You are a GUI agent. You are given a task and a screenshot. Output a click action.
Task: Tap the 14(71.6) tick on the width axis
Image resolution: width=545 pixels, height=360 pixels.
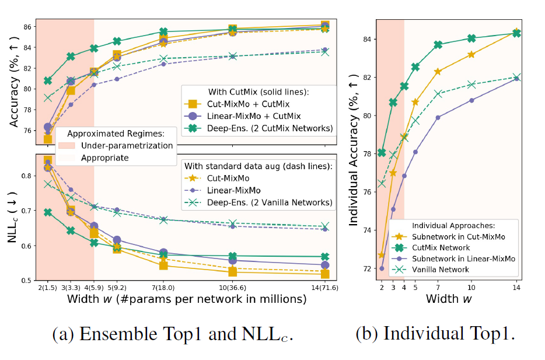pos(324,288)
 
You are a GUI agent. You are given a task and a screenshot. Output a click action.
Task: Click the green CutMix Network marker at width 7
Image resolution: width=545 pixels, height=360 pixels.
pos(438,45)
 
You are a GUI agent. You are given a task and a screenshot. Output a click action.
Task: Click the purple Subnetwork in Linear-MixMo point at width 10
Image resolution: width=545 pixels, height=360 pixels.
pos(471,100)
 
